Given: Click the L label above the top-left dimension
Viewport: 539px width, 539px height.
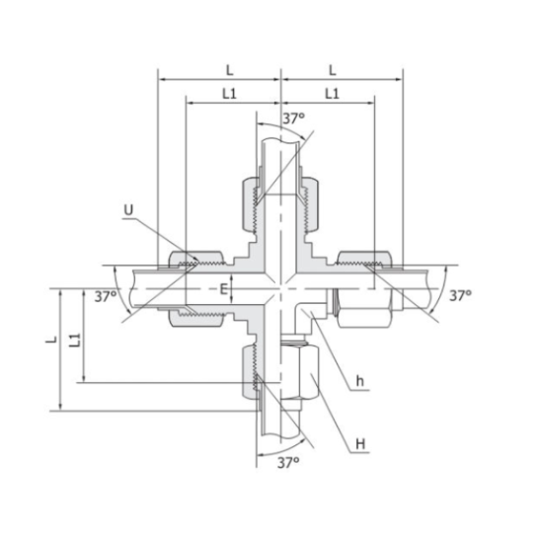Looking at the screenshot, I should pyautogui.click(x=229, y=70).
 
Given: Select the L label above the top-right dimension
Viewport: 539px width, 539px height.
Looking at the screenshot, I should pyautogui.click(x=332, y=70).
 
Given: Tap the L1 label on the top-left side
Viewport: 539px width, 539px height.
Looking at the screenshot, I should pyautogui.click(x=229, y=94).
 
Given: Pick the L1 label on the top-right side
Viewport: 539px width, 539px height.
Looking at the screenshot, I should pyautogui.click(x=332, y=94).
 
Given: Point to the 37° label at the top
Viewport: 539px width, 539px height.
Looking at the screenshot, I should pyautogui.click(x=293, y=118).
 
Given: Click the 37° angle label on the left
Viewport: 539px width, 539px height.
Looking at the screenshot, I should pyautogui.click(x=107, y=296).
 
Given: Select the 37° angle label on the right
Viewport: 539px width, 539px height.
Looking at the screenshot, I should pyautogui.click(x=460, y=295).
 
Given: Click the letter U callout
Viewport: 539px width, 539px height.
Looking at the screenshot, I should pyautogui.click(x=128, y=209).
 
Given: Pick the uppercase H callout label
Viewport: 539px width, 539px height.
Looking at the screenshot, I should pyautogui.click(x=361, y=444).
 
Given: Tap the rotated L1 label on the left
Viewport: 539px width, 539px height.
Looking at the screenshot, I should pyautogui.click(x=73, y=341).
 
